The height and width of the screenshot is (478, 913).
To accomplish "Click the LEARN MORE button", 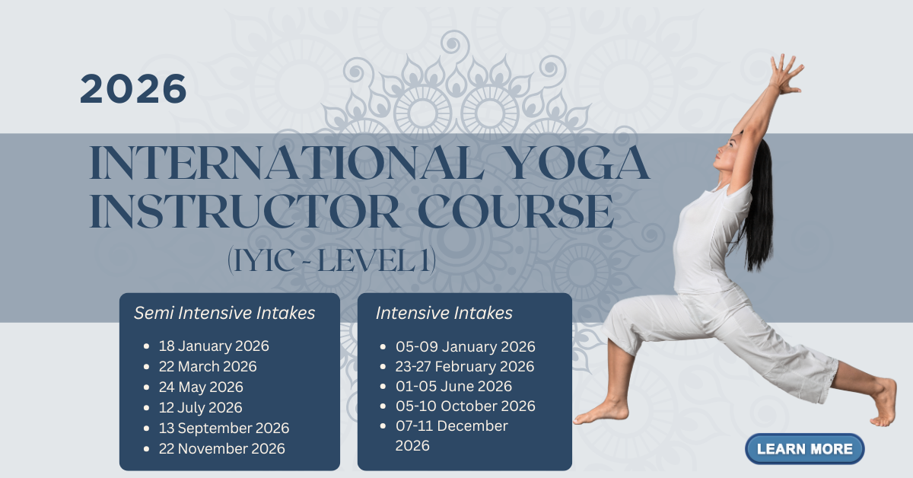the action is [x=805, y=448].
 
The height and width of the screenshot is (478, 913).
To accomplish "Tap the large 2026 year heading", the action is [x=133, y=88].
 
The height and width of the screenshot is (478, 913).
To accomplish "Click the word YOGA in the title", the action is [x=579, y=162].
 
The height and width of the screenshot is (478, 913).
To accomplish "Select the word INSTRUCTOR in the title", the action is [x=243, y=212].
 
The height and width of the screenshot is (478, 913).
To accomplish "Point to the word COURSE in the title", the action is [x=516, y=212].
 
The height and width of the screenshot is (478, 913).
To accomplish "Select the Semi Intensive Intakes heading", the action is [x=224, y=314].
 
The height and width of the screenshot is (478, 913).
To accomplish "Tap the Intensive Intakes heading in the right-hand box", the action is [x=444, y=314].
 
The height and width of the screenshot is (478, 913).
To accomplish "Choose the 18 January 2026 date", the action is [x=214, y=346].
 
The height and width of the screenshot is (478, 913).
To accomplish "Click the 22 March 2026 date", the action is [x=208, y=366].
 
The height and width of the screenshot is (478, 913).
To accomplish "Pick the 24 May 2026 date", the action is [x=201, y=387].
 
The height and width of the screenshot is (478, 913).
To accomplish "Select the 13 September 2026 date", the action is [x=224, y=428].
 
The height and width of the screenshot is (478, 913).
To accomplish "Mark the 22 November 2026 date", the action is [x=221, y=448].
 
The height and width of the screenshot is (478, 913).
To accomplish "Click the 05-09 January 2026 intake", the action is [x=465, y=346].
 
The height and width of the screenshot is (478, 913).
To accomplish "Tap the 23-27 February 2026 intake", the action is [x=465, y=366].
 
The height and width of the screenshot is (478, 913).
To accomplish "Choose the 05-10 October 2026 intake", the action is [x=465, y=406].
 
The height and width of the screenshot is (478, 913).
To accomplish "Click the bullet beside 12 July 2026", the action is [x=147, y=408].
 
